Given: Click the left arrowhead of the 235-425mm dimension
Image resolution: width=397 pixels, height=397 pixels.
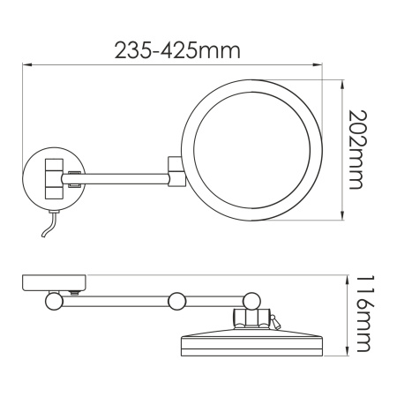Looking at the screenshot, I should (x=25, y=64).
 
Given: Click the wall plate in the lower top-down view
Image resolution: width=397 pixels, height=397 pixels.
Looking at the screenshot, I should (x=54, y=284).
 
